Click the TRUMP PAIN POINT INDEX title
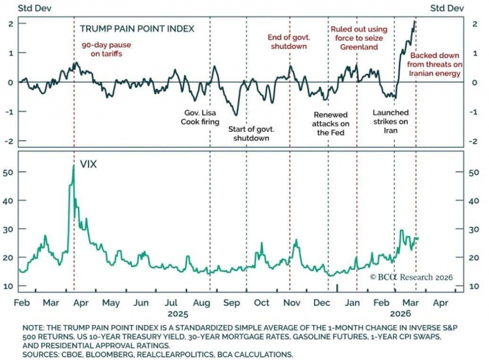point(137,29)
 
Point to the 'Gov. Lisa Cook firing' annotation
point(200,117)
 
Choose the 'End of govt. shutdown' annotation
point(287,42)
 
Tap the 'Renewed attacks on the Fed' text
point(331,124)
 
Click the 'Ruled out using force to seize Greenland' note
point(359,38)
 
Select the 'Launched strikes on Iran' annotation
point(390,121)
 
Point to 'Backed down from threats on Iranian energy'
point(435,64)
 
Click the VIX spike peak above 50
point(74,166)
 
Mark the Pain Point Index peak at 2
point(415,21)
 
